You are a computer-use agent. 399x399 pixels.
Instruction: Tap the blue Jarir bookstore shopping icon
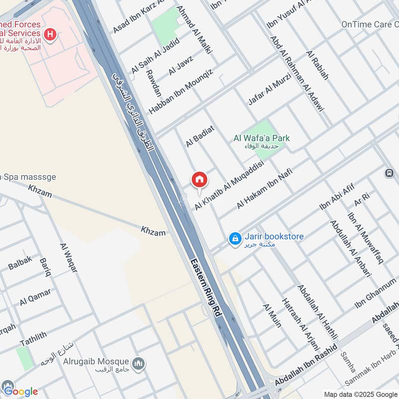point(235,239)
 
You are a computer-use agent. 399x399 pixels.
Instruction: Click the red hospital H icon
point(50,34)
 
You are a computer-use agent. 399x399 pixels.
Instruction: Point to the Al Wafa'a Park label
point(262,138)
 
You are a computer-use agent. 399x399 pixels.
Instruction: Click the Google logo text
point(21,391)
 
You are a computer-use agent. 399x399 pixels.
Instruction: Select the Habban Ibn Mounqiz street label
point(181,91)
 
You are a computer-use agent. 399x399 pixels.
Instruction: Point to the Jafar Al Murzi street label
point(269,89)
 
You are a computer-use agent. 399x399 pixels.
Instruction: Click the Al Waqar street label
point(69,257)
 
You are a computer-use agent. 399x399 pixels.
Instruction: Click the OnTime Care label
point(369,24)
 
